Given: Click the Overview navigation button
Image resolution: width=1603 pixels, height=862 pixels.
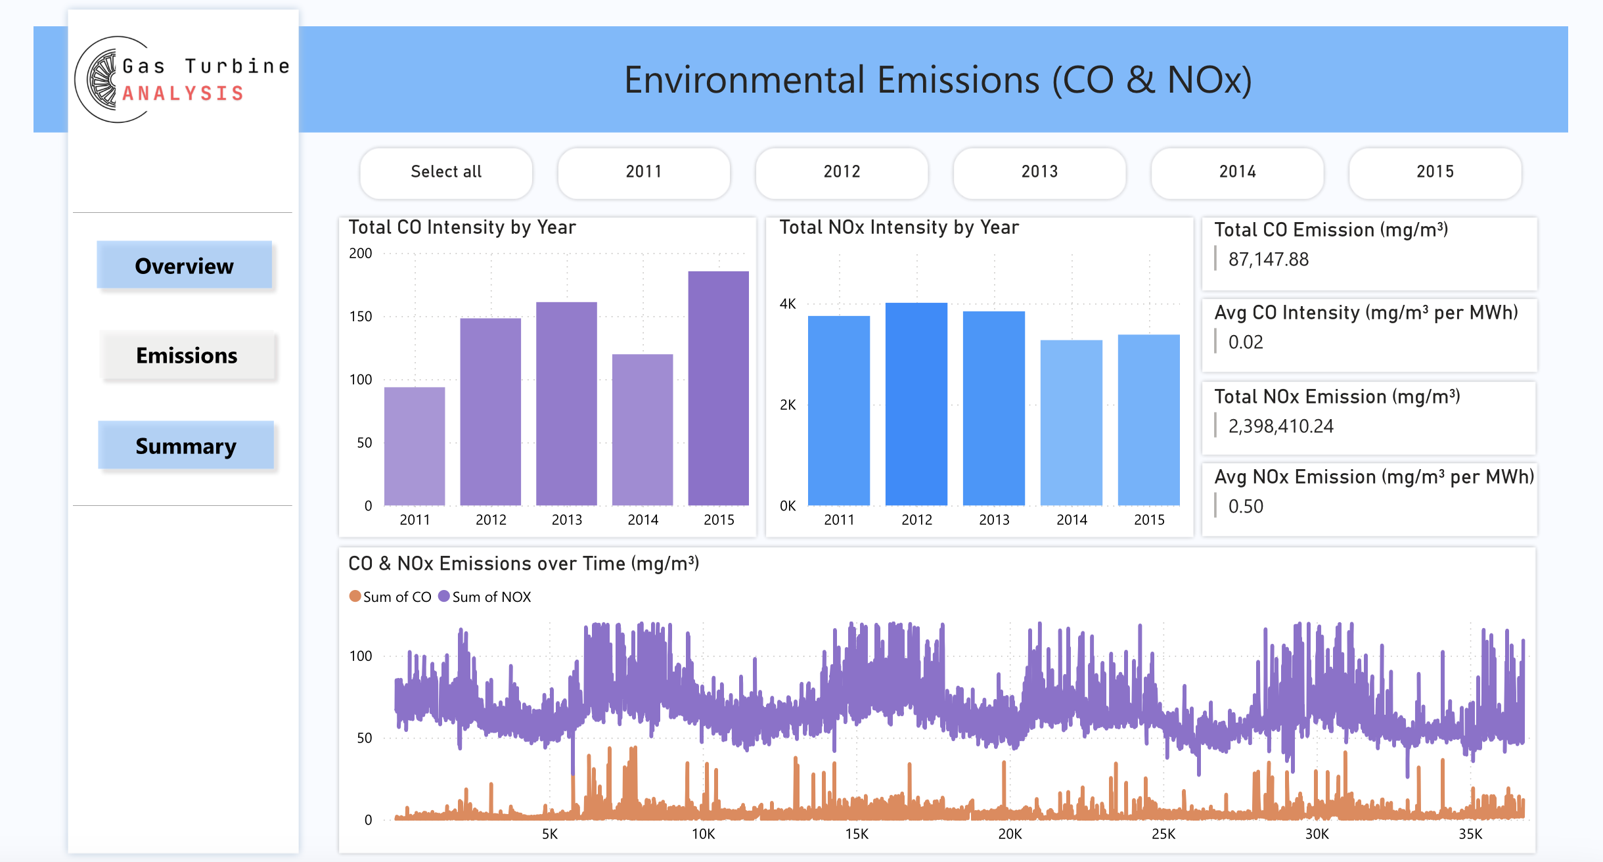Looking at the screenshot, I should pyautogui.click(x=184, y=265).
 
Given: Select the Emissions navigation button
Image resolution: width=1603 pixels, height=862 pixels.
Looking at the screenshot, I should pyautogui.click(x=187, y=355).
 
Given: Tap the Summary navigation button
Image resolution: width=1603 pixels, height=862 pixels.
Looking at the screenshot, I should pyautogui.click(x=186, y=445).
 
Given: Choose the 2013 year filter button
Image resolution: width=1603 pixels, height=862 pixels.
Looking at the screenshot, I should pyautogui.click(x=1039, y=172).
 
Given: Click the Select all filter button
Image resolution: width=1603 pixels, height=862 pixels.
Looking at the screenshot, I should pyautogui.click(x=446, y=172).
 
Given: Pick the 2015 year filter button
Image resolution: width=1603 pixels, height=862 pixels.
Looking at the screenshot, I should pyautogui.click(x=1435, y=172).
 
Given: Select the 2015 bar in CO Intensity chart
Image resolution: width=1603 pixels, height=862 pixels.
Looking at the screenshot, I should pyautogui.click(x=718, y=388).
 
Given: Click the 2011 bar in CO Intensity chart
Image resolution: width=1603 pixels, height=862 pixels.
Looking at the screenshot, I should pyautogui.click(x=415, y=447).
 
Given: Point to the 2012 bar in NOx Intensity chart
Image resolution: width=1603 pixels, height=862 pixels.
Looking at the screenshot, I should pyautogui.click(x=916, y=404).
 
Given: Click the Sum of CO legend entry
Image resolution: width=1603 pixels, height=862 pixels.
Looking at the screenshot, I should pyautogui.click(x=390, y=597).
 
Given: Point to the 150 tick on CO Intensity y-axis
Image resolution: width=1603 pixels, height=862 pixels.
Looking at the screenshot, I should pyautogui.click(x=361, y=317).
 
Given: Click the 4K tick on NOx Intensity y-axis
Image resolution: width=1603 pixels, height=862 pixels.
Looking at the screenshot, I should pyautogui.click(x=788, y=304).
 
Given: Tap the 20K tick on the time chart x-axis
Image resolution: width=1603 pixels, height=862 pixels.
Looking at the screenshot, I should pyautogui.click(x=1010, y=834).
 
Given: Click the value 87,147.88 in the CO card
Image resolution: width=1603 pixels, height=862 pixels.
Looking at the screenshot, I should pyautogui.click(x=1268, y=260).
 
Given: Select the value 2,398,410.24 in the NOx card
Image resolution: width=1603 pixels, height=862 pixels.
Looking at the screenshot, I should pyautogui.click(x=1280, y=426).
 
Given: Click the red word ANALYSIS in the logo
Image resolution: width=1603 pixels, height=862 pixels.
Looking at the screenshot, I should pyautogui.click(x=183, y=94).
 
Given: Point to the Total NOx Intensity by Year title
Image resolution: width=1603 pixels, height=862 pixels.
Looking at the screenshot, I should pyautogui.click(x=899, y=227).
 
